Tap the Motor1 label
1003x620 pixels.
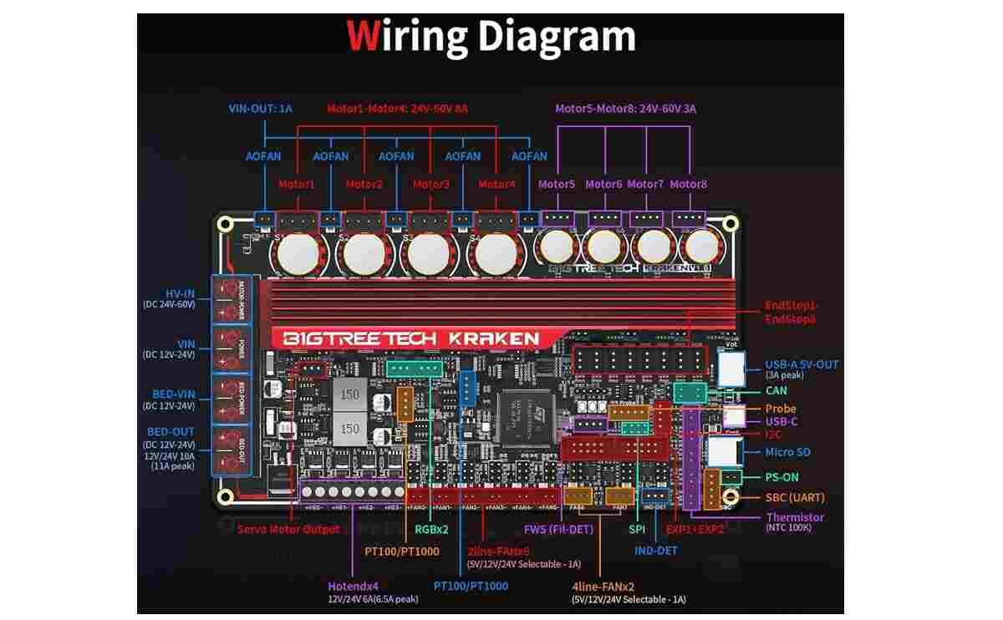click(296, 185)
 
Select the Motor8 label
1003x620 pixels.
click(688, 185)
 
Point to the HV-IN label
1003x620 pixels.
click(180, 294)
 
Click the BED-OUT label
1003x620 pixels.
click(171, 432)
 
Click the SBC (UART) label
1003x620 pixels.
click(795, 498)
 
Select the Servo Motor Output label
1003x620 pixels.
click(288, 529)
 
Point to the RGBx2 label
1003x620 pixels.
click(432, 529)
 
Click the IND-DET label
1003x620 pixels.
click(656, 551)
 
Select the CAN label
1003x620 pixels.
click(776, 390)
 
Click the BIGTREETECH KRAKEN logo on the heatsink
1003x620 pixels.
click(406, 338)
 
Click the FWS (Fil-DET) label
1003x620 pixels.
click(558, 529)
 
